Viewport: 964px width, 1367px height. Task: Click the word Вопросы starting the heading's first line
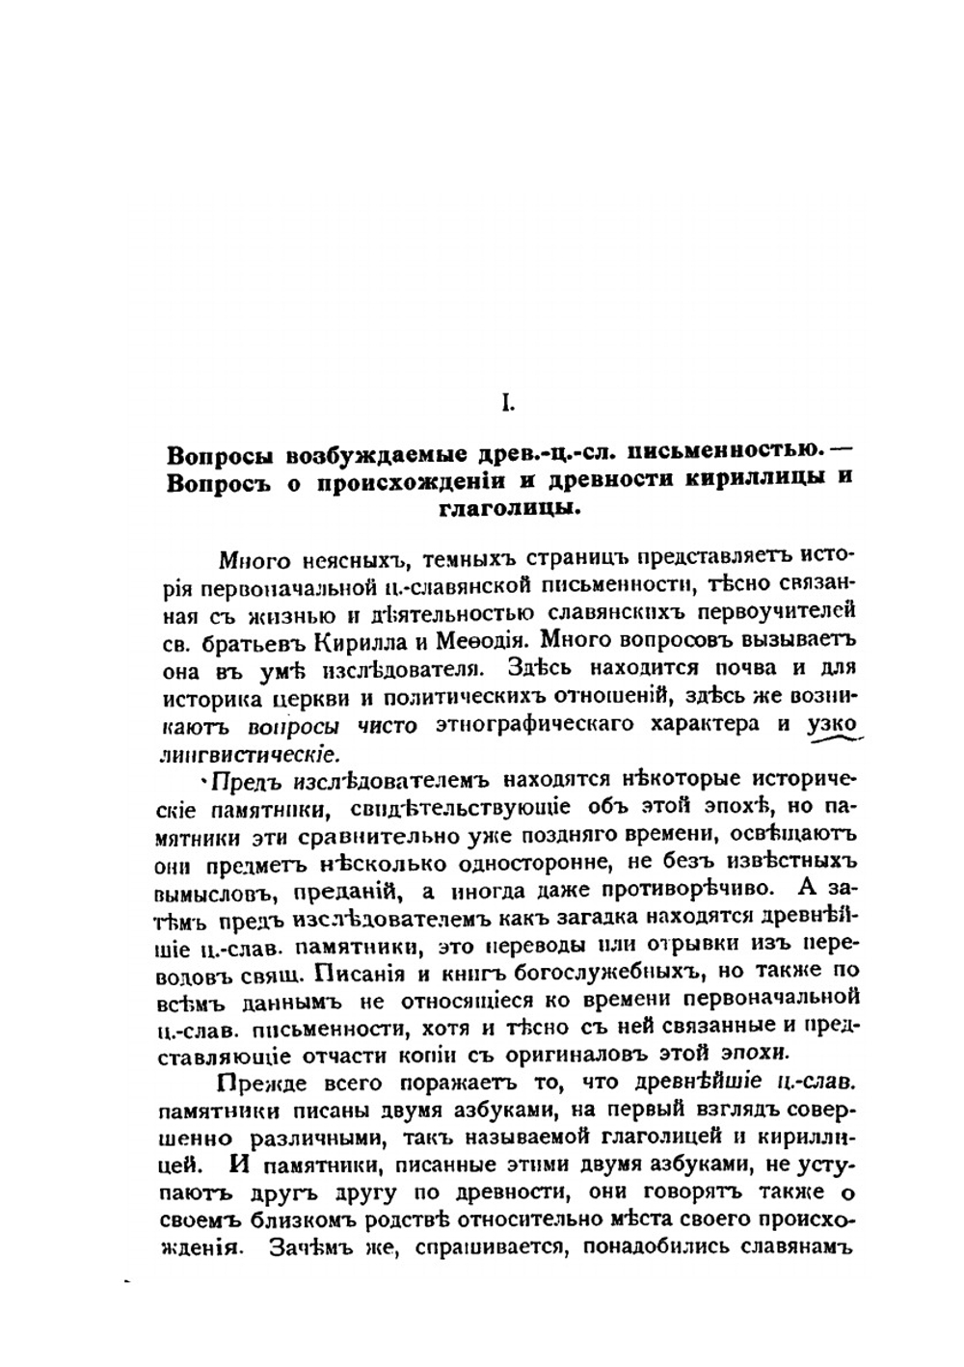pyautogui.click(x=210, y=454)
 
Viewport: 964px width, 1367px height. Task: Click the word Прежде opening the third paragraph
pyautogui.click(x=254, y=1084)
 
